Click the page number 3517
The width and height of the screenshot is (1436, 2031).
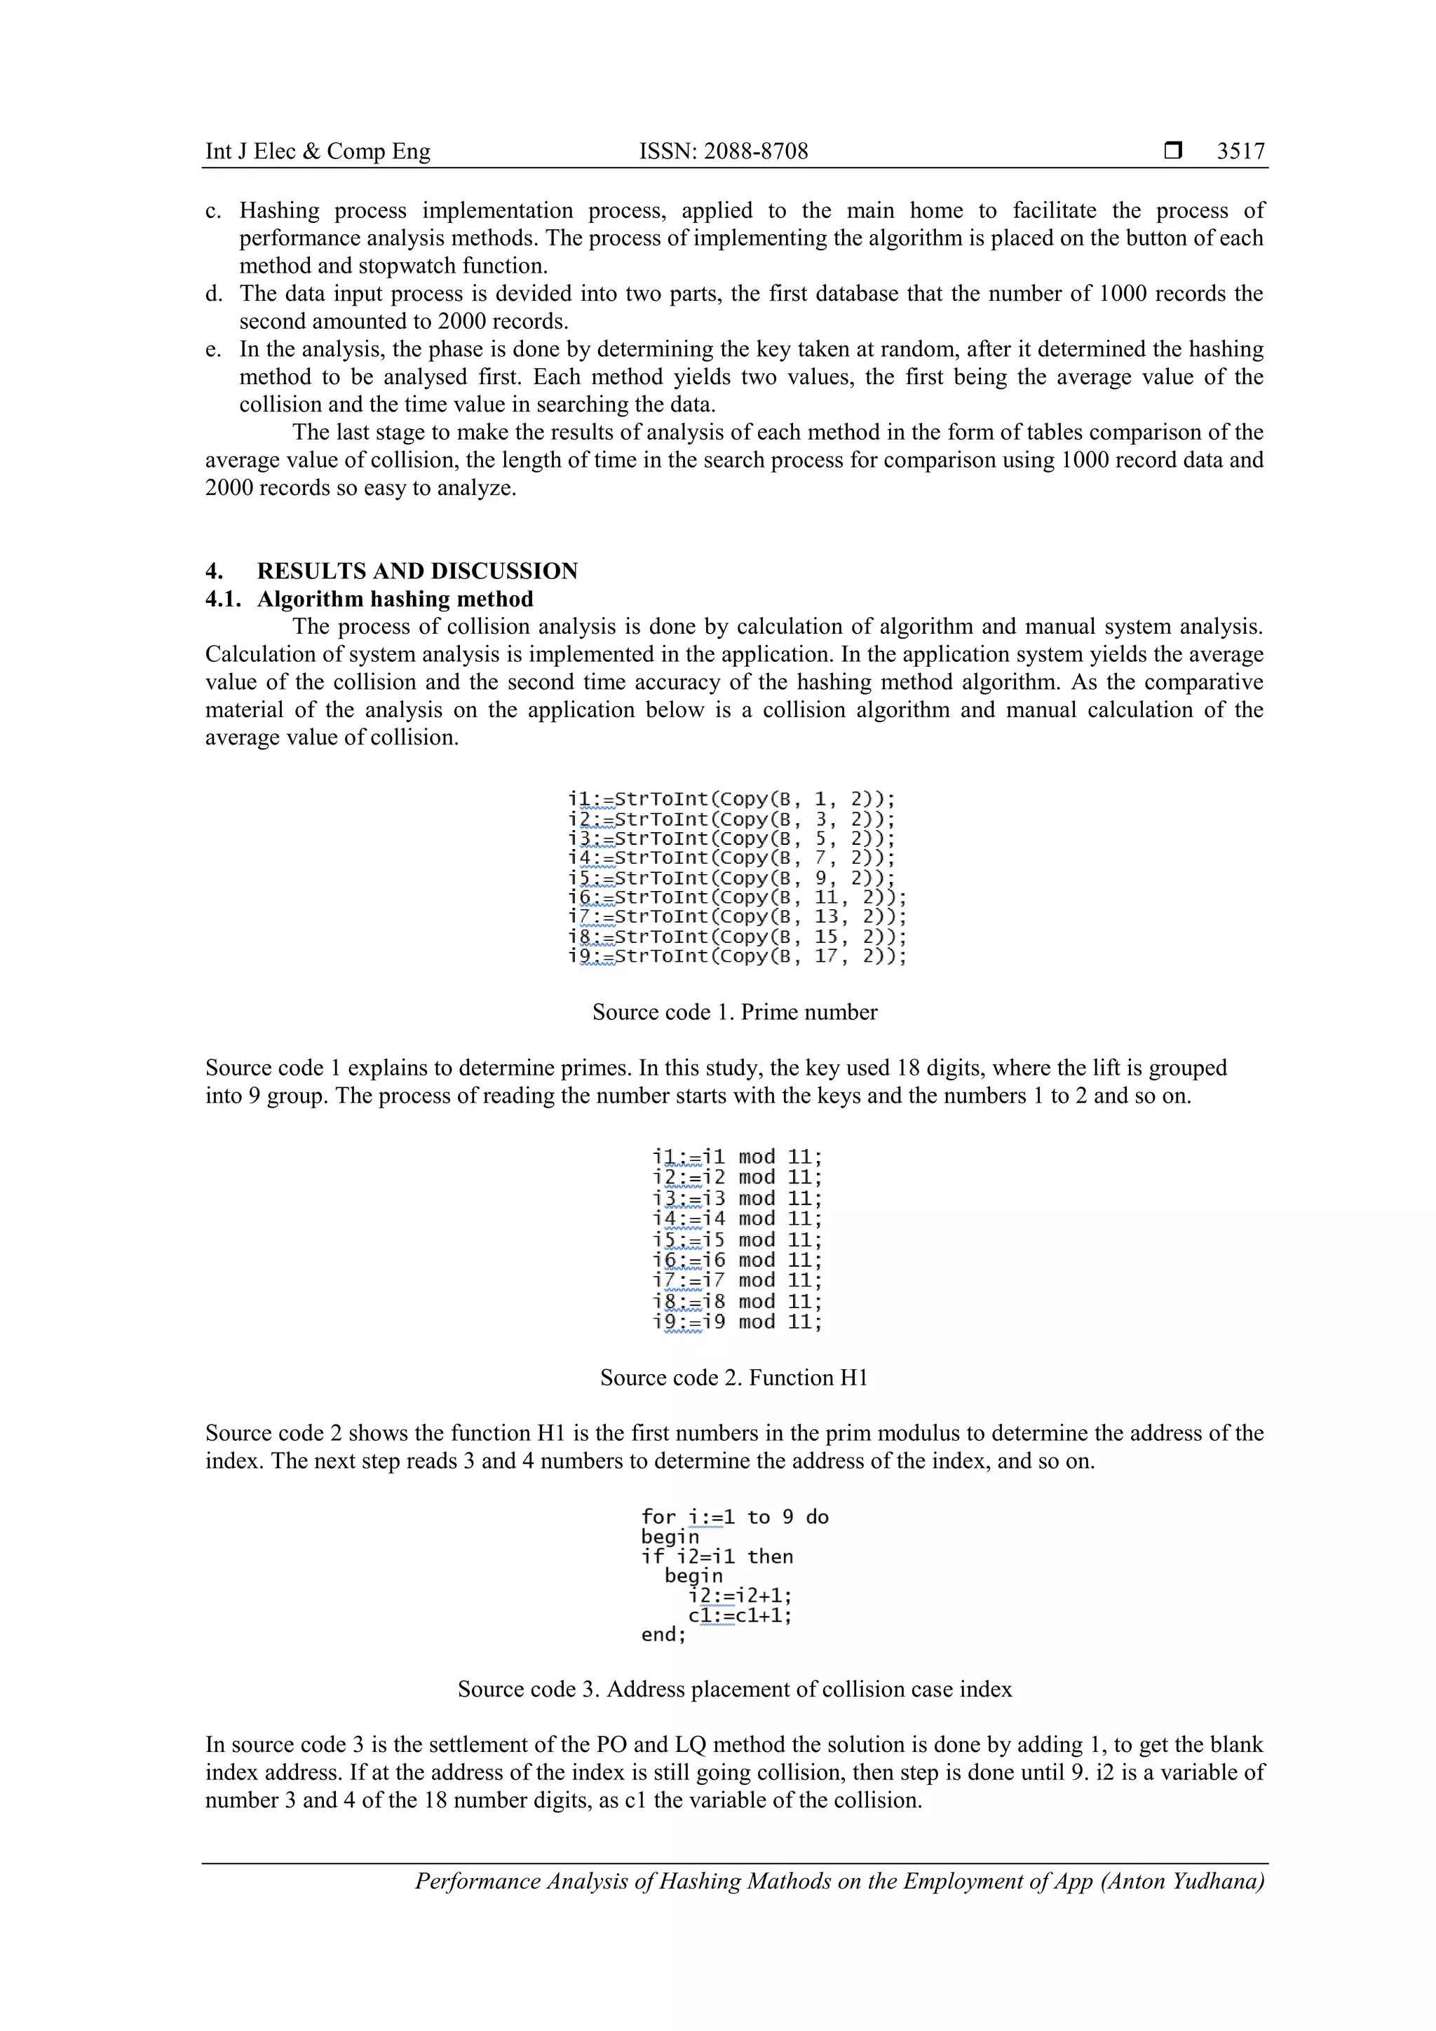click(x=1240, y=151)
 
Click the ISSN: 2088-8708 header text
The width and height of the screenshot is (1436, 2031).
click(x=723, y=151)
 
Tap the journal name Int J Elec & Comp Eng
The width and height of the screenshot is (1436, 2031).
click(x=318, y=151)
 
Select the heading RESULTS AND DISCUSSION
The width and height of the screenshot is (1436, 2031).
click(x=416, y=571)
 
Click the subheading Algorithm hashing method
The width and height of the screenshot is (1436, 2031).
click(x=395, y=599)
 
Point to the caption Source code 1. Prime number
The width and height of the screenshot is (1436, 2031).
click(x=734, y=1012)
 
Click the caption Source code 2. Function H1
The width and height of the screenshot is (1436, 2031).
click(x=733, y=1378)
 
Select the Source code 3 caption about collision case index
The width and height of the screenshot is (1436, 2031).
click(x=734, y=1689)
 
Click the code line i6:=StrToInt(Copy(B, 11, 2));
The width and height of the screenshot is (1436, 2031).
click(x=736, y=897)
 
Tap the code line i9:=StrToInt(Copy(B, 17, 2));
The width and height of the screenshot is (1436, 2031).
click(x=736, y=956)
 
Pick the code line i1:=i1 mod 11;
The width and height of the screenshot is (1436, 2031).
click(x=737, y=1157)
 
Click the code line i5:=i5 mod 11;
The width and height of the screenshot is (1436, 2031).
click(x=737, y=1239)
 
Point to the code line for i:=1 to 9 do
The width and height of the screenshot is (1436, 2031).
click(x=734, y=1517)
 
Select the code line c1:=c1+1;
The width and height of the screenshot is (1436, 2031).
click(x=740, y=1615)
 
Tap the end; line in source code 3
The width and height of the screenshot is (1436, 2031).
click(x=663, y=1635)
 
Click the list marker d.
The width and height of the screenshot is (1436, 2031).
click(x=213, y=294)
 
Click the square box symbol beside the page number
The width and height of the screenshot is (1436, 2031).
click(x=1172, y=151)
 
